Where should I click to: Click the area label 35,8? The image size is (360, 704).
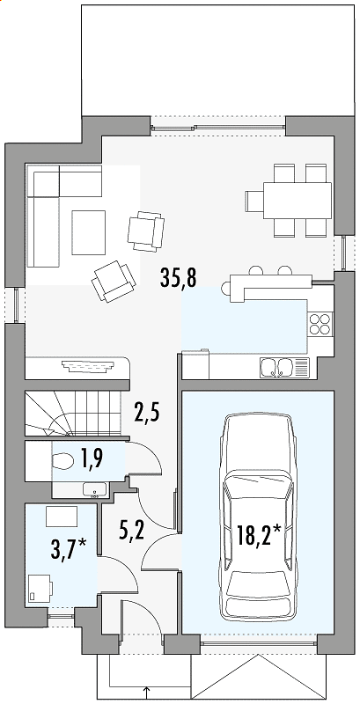tap(178, 278)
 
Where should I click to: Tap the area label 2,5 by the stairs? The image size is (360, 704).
tap(147, 413)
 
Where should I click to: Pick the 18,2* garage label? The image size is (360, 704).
tap(259, 535)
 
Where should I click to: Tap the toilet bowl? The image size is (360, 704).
tap(62, 461)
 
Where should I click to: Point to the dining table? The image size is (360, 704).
tap(297, 201)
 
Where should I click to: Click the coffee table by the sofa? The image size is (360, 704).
tap(88, 232)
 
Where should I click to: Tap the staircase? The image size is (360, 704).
tap(73, 413)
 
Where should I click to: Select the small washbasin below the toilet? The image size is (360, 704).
tap(95, 490)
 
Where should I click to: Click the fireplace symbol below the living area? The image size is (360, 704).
tap(89, 366)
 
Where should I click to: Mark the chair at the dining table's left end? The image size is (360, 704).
tap(254, 201)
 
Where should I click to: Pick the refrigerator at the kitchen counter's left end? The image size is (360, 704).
tap(195, 364)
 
